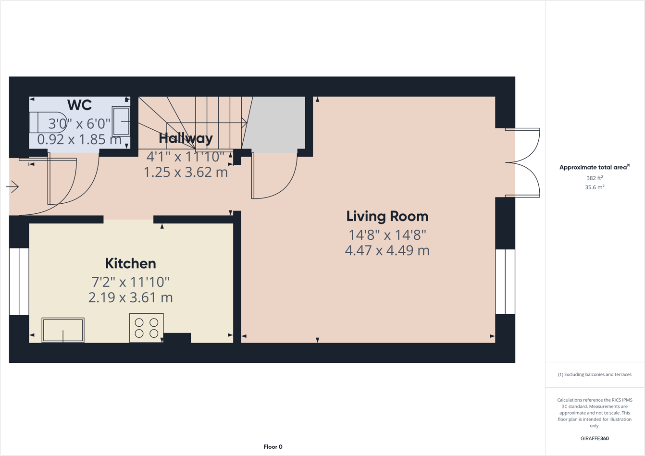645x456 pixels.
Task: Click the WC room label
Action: (x=79, y=105)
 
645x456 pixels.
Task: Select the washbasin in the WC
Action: (x=121, y=121)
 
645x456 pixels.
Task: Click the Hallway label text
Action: (x=186, y=138)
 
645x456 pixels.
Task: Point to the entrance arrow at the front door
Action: (x=12, y=186)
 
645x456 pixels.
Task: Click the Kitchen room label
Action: (x=130, y=263)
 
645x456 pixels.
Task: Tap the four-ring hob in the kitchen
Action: (x=147, y=328)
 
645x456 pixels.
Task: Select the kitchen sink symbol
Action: (x=63, y=330)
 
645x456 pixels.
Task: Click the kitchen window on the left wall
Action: (x=19, y=282)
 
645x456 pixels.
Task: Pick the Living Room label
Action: (x=387, y=216)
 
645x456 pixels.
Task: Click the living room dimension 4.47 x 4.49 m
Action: (x=387, y=250)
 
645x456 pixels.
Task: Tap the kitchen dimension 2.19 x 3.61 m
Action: (x=130, y=297)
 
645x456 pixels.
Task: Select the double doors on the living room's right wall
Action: (x=523, y=163)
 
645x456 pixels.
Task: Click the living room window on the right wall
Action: (x=505, y=282)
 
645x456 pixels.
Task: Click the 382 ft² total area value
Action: (x=595, y=178)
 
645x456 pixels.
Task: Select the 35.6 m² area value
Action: (x=595, y=187)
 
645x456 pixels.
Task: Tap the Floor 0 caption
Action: (x=273, y=447)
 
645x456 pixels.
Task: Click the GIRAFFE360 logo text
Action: (x=595, y=438)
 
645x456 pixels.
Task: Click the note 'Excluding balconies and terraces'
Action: (x=595, y=374)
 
